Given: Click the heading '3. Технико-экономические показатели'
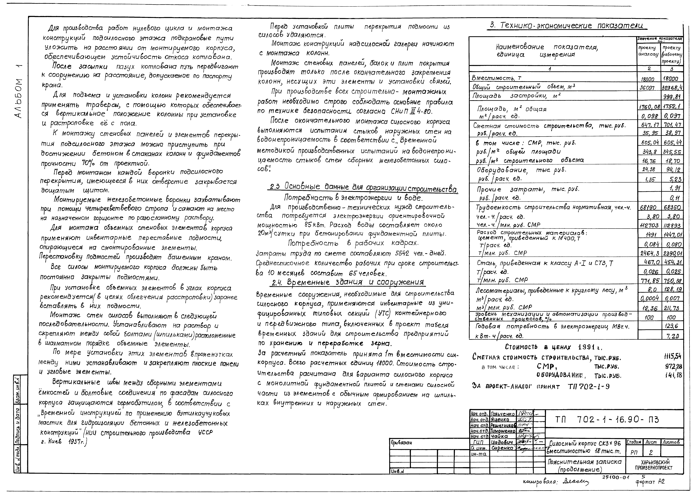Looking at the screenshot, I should click(568, 26).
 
